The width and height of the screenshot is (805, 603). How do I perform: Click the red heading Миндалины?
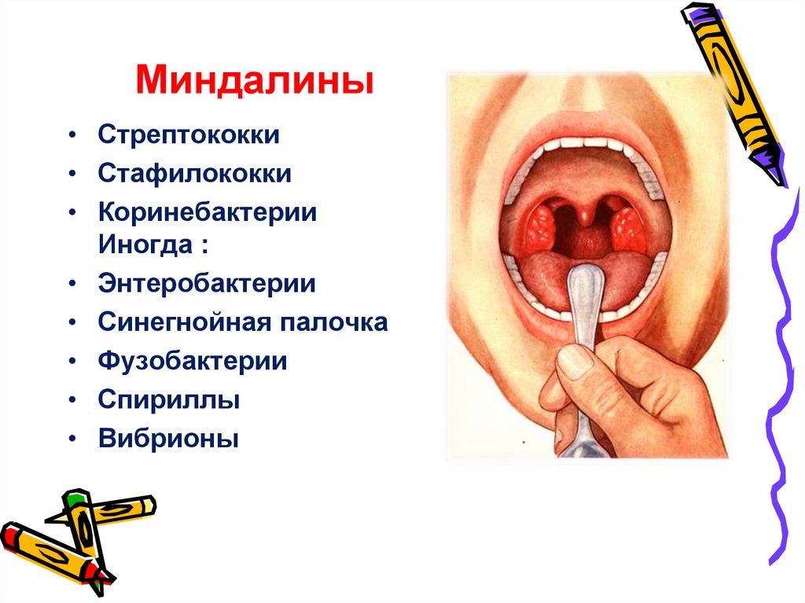254,82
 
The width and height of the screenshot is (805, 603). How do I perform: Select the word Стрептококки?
189,134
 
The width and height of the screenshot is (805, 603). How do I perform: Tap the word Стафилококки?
194,173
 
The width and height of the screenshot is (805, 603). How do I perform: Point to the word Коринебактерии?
208,212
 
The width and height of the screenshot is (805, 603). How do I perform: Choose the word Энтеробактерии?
207,283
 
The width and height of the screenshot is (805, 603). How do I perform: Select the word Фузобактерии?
193,362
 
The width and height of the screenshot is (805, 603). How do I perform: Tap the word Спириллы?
168,400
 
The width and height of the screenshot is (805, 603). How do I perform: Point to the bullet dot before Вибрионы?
72,439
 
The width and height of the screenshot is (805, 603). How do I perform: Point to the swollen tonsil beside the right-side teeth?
629,226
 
